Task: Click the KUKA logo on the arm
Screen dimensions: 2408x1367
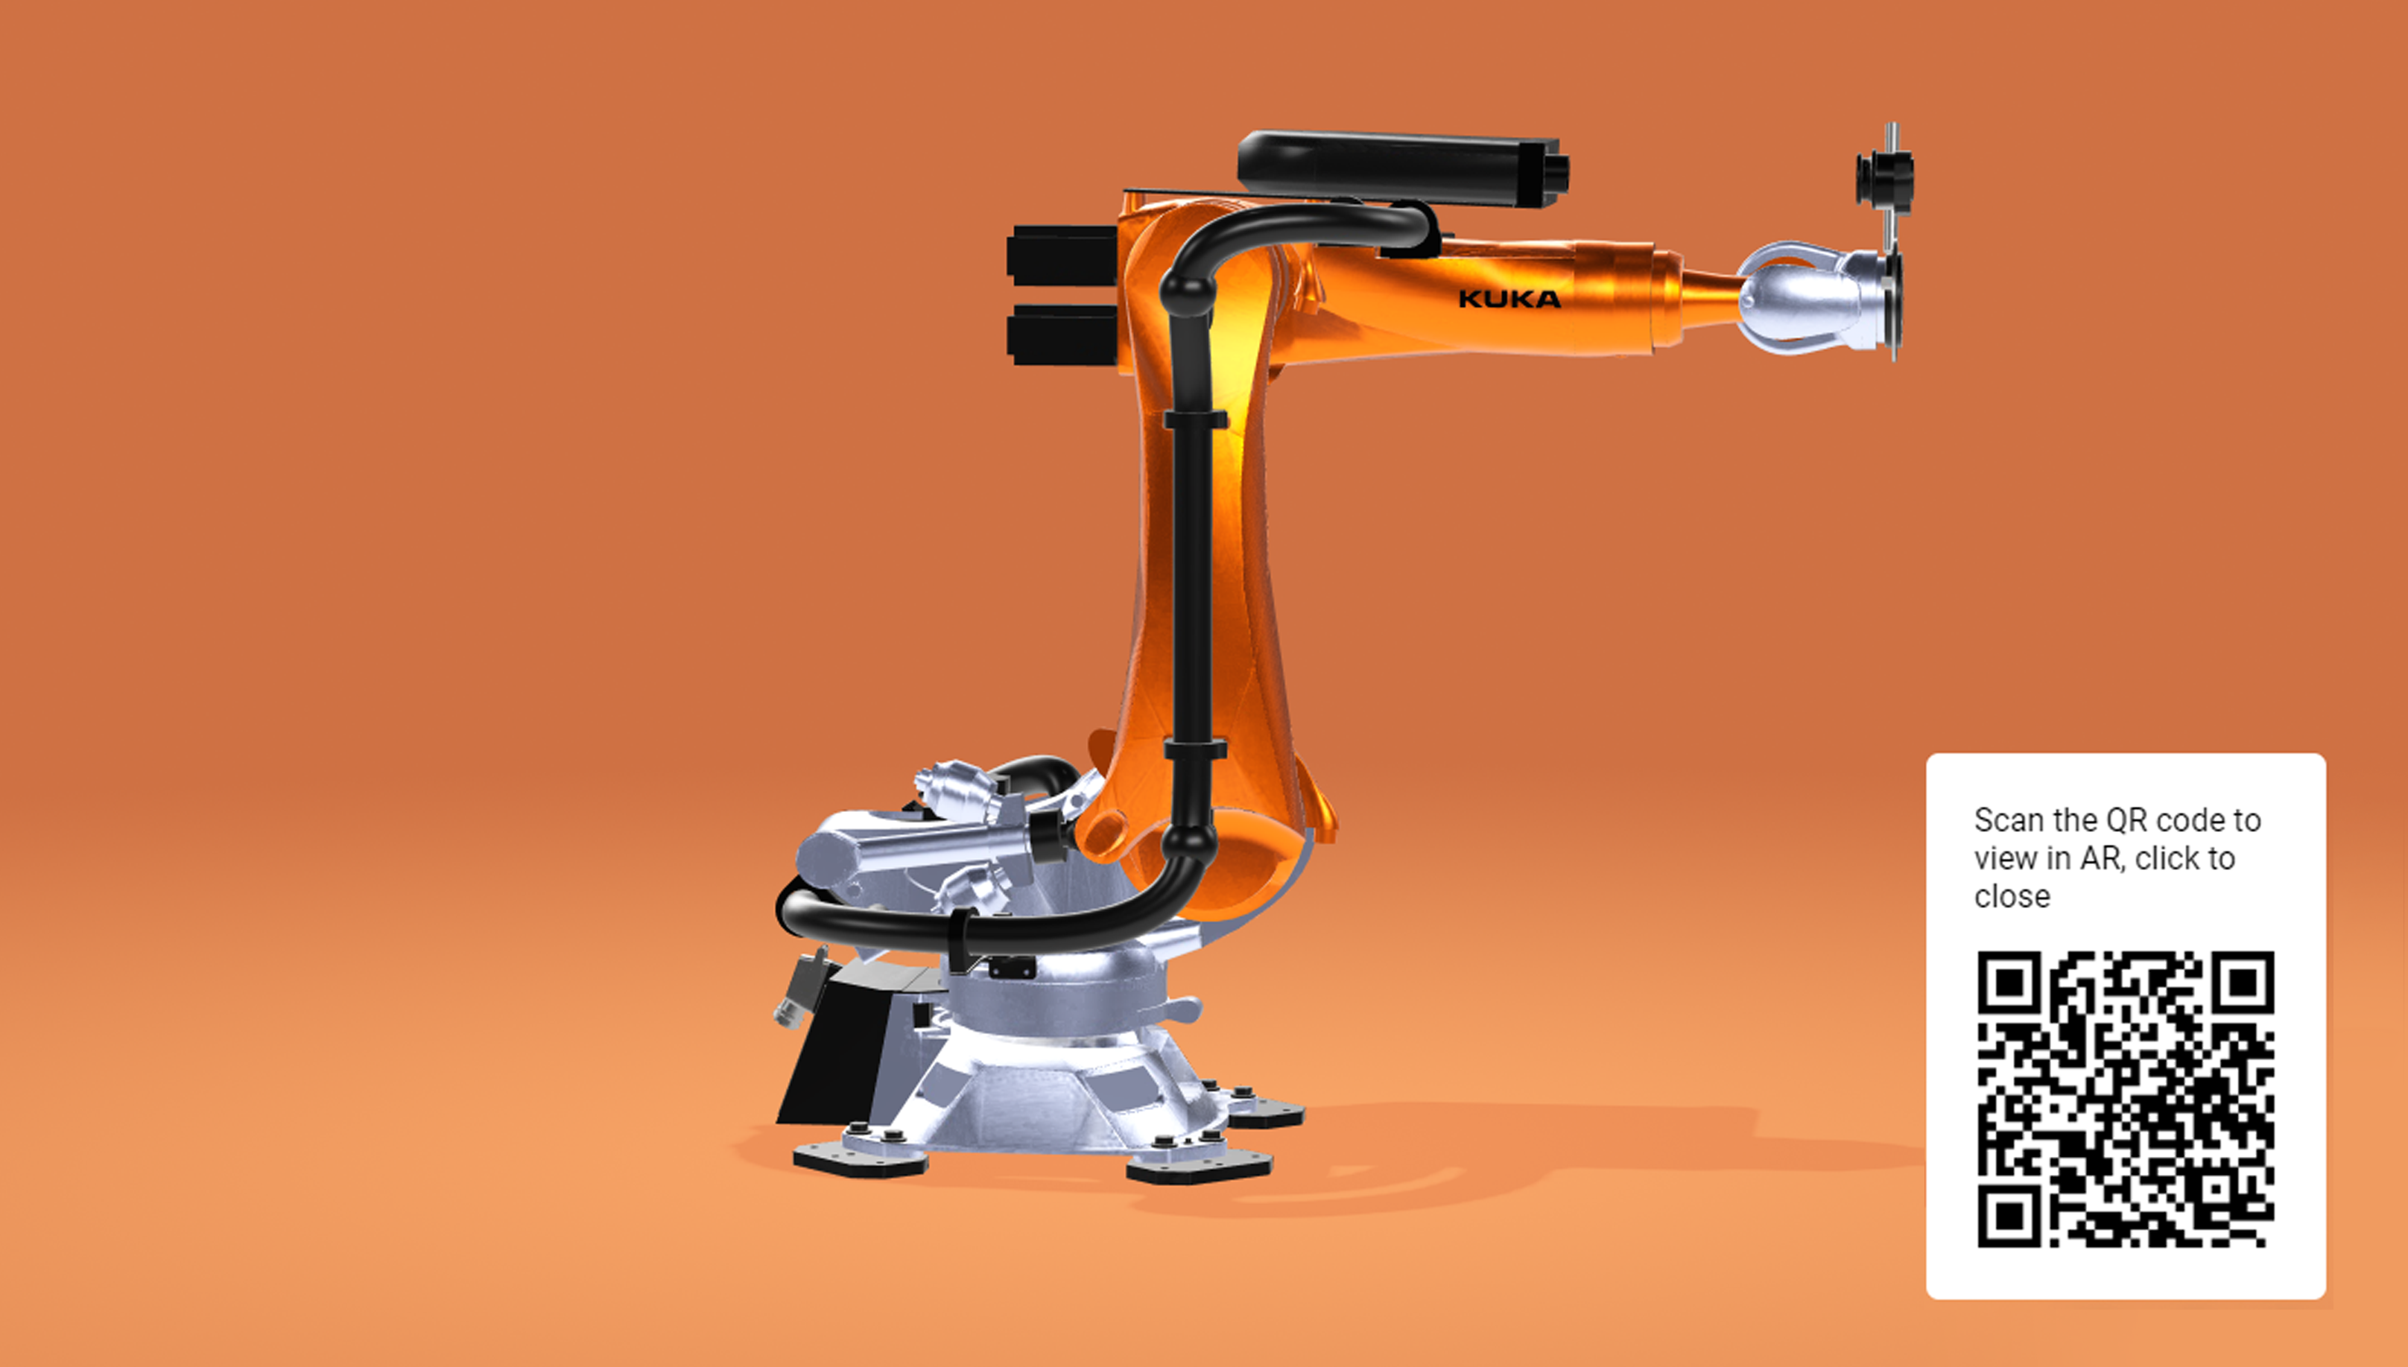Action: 1509,299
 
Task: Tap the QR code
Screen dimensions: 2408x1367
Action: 2126,1100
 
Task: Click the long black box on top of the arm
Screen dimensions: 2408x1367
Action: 1404,170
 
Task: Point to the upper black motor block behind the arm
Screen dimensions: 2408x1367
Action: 1062,256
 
